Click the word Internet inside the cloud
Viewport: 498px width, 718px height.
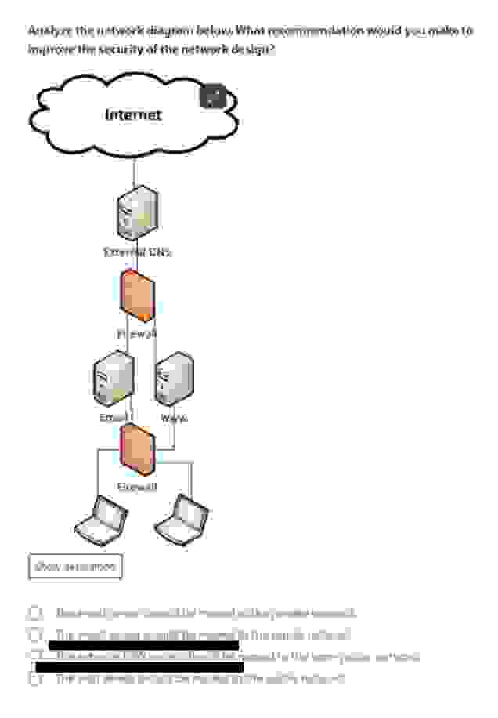[133, 115]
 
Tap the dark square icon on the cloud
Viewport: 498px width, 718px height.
[213, 97]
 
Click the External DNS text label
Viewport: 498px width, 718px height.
[138, 252]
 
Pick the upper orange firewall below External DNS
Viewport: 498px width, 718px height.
[138, 296]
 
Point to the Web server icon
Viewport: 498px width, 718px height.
[174, 379]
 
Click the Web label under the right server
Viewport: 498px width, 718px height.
[174, 419]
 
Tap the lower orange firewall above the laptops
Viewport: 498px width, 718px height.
[138, 450]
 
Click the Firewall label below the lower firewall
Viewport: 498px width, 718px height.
[137, 488]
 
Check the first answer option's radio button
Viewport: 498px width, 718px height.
[35, 613]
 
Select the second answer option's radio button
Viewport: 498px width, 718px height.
[35, 635]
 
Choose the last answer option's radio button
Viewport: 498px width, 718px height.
[35, 679]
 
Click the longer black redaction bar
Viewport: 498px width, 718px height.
[139, 667]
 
